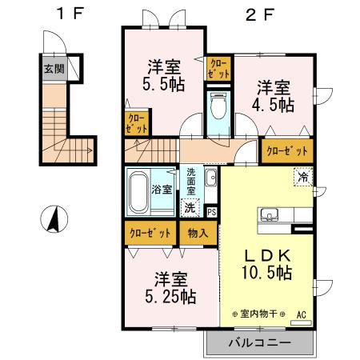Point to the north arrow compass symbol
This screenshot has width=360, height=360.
pos(54,219)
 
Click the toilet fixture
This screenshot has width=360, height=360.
pos(217,106)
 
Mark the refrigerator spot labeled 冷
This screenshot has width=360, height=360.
pos(303,176)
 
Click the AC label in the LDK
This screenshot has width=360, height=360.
pos(301,314)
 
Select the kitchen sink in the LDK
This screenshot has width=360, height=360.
pos(269,215)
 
